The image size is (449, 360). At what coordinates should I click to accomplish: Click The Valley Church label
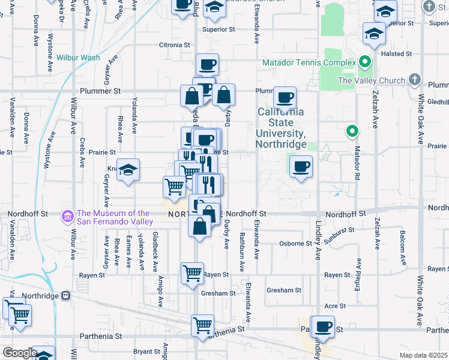point(372,80)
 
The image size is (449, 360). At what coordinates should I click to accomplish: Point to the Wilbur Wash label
point(78,58)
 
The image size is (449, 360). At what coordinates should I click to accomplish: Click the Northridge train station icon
point(65,295)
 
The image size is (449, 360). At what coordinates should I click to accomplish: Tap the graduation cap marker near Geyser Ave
point(128,170)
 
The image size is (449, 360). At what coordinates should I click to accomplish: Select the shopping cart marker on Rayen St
point(192,274)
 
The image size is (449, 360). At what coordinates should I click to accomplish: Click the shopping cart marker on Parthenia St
point(202,325)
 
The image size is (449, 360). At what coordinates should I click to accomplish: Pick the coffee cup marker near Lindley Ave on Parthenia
point(323,326)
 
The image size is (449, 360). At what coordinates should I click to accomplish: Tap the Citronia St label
point(174,45)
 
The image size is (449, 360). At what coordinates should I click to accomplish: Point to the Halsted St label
point(400,53)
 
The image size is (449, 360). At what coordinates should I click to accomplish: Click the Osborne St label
point(296,244)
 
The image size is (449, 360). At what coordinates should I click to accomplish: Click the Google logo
point(19,353)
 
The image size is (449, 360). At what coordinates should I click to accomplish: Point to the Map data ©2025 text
point(423,355)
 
